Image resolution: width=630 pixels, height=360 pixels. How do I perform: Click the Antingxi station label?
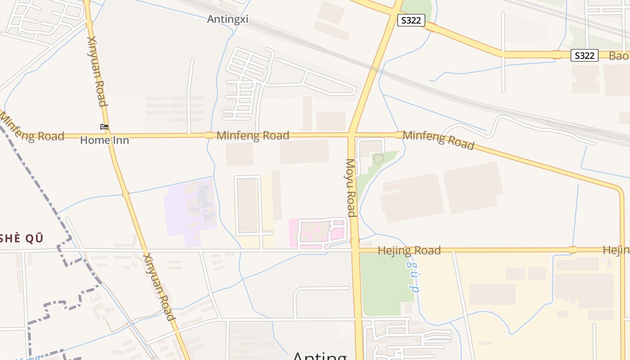coord(228,19)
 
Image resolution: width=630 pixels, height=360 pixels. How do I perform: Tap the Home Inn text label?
coord(104,140)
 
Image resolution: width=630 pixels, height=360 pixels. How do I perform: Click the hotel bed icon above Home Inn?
coord(104,127)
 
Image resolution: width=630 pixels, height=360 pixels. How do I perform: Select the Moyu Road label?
coord(351,188)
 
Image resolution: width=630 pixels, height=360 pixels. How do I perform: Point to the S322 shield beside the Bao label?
coord(585,55)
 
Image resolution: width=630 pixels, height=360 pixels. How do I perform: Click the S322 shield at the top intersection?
coord(411,20)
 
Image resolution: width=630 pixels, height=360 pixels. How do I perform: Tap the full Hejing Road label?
coord(409,251)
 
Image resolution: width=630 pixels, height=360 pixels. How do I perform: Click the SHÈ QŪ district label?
coord(22,238)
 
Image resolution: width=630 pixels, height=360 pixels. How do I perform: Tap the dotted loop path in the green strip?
coord(378,158)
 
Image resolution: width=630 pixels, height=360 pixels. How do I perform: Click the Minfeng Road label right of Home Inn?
coord(252,135)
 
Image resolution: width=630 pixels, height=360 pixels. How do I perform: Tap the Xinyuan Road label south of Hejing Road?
coord(159,286)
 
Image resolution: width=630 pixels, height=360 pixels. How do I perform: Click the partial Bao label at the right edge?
coord(619,56)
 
